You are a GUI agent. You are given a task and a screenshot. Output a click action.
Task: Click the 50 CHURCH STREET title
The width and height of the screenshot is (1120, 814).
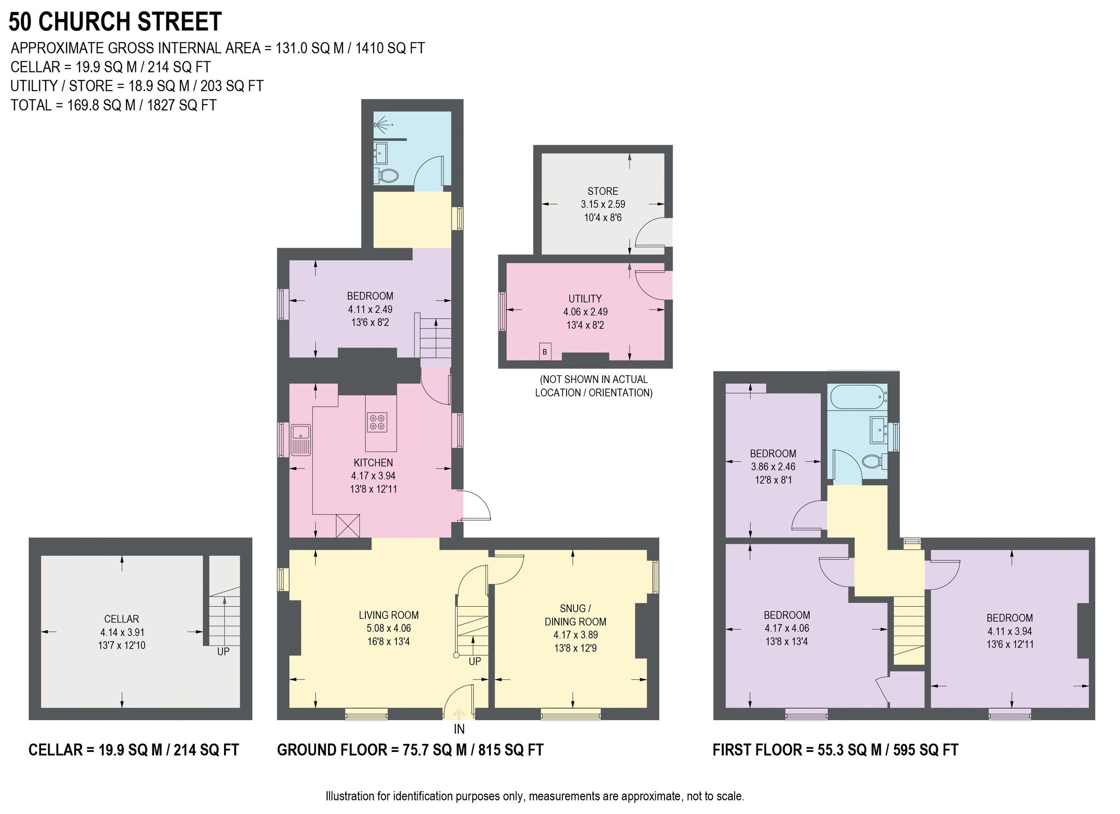coord(115,22)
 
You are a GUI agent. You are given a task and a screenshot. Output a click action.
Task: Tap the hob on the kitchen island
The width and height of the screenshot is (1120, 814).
coord(377,422)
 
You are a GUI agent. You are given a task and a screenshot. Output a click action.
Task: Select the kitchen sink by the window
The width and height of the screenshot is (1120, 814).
coord(300,439)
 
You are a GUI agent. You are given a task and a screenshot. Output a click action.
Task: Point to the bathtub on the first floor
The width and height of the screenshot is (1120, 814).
coord(858,396)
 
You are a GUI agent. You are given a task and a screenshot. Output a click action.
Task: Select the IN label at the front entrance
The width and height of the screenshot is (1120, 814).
coord(459,729)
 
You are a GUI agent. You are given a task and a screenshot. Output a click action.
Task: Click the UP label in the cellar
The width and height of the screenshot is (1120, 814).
coord(223,651)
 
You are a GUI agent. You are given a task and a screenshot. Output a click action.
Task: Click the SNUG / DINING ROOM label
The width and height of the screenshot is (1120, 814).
coord(575,615)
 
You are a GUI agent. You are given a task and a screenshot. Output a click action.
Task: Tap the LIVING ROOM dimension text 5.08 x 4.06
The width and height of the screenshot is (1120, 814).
coord(389,628)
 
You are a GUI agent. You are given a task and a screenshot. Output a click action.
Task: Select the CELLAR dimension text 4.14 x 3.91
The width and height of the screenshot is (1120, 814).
coord(121,632)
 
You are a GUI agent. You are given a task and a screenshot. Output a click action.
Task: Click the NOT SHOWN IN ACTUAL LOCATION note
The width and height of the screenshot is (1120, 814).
coord(594,386)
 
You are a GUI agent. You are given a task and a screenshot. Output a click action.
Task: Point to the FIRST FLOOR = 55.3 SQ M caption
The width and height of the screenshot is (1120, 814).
coord(835,750)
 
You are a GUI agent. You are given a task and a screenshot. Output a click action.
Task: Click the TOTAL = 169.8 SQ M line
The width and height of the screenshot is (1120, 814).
coord(113,105)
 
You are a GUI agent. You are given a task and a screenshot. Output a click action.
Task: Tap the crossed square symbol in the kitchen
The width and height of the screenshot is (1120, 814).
coord(348,526)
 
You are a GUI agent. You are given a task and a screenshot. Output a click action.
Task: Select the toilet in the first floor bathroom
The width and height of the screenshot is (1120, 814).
coord(873,461)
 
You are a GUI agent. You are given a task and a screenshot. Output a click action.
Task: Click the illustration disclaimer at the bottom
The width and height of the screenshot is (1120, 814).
coord(534,796)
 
